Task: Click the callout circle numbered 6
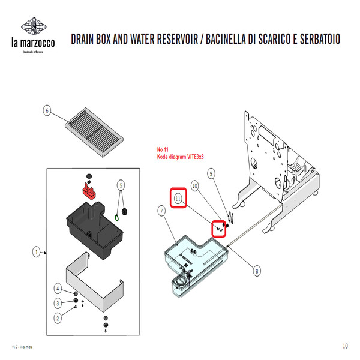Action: click(47, 110)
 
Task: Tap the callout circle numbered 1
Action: click(36, 253)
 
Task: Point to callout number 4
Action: click(58, 289)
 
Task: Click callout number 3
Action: click(58, 303)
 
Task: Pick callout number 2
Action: click(58, 317)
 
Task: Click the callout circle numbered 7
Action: click(161, 210)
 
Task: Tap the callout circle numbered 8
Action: click(257, 271)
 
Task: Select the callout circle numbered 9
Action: click(211, 173)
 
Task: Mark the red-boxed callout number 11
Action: click(178, 197)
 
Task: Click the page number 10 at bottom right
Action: click(345, 346)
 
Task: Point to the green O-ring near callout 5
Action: click(116, 215)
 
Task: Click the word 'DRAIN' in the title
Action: click(87, 40)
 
